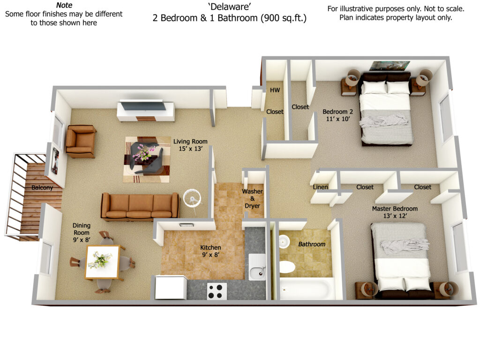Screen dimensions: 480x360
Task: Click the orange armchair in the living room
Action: click(81, 141)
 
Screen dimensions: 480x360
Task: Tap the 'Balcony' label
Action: click(42, 187)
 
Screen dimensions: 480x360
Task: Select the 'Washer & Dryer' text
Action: click(252, 199)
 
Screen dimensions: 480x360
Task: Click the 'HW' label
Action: click(275, 90)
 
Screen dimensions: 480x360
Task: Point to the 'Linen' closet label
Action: click(321, 187)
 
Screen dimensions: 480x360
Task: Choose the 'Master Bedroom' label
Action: click(395, 209)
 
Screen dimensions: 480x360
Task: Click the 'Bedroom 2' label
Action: click(337, 112)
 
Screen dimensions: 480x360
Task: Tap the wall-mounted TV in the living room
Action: click(143, 106)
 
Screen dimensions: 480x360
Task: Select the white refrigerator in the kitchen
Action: click(171, 287)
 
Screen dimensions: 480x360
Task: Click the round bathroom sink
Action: click(285, 240)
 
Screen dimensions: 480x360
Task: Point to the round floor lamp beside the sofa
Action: click(192, 198)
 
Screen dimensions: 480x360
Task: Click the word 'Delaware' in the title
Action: click(230, 7)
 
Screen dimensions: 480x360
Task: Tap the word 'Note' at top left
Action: click(64, 5)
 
